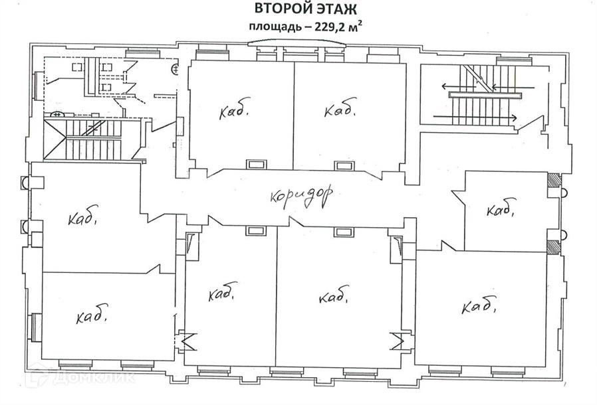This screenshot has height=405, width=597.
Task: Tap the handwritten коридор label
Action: tap(301, 195)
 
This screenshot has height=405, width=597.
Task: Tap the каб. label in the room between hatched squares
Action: tap(501, 210)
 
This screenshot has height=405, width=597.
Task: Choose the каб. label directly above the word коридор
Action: tap(340, 108)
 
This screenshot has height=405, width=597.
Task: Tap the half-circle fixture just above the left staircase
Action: tap(58, 115)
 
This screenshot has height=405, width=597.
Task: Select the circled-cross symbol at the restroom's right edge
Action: tap(176, 68)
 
